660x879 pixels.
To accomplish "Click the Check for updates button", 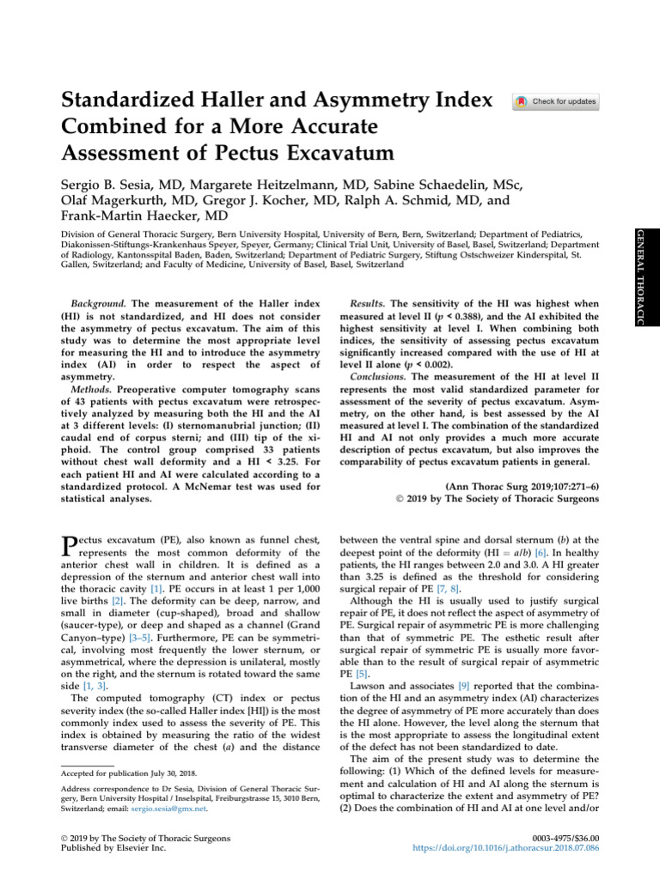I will pyautogui.click(x=556, y=102).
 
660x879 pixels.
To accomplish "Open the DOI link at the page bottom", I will pyautogui.click(x=528, y=848).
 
